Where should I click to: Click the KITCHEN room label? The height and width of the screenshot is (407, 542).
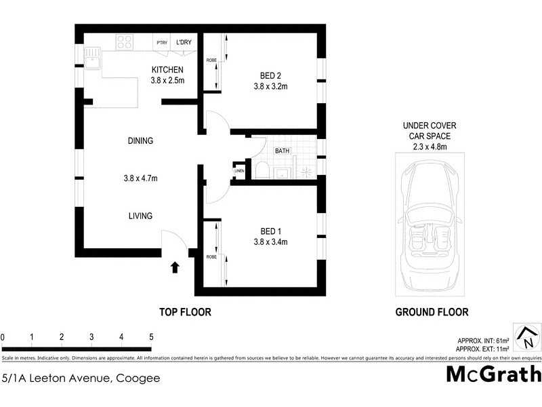point(167,70)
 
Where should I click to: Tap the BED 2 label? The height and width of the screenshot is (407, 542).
point(270,75)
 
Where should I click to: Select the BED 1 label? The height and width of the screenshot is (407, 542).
point(270,230)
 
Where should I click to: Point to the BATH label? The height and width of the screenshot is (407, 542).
point(283,151)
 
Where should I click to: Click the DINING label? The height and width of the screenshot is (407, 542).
point(140,141)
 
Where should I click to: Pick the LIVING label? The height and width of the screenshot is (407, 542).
point(140,216)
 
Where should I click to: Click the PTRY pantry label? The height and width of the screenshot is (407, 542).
point(162,43)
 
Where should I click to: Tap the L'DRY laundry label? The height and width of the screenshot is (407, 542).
point(184,43)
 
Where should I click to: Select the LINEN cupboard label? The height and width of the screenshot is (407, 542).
point(238,170)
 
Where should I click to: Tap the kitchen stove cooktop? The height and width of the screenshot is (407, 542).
point(124,43)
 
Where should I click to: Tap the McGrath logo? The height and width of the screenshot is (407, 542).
point(493,374)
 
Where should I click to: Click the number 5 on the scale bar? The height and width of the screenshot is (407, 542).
point(151,336)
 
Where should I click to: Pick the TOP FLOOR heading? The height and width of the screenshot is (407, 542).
point(185,312)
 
